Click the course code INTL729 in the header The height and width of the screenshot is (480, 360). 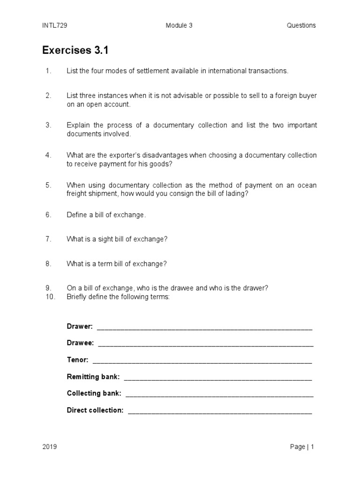[54, 25]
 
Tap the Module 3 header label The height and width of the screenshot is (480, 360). [179, 25]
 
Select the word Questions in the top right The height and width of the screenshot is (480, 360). [301, 25]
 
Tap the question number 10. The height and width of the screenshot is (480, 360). [50, 296]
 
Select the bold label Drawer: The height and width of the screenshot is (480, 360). [80, 326]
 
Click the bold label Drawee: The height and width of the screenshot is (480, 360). [81, 343]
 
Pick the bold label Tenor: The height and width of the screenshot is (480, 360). [78, 360]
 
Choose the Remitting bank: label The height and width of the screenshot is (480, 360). [93, 376]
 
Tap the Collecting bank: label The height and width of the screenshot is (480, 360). [94, 393]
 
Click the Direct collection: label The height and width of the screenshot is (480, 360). [95, 410]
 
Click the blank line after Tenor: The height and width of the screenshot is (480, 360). [202, 361]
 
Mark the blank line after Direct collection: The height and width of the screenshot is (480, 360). [219, 412]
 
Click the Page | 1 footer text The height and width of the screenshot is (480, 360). [302, 447]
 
